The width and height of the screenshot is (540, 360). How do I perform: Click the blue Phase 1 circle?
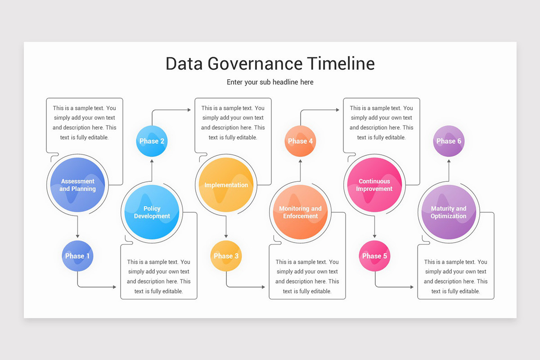coord(77,256)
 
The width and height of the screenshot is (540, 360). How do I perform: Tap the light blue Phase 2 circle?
coord(152,141)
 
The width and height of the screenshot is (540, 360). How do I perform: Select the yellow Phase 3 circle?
coord(226,256)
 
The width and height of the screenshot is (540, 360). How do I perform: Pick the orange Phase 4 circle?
coord(300,141)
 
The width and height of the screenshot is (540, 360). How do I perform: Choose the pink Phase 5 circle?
coord(374,256)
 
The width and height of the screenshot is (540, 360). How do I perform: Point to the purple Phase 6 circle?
coord(449,141)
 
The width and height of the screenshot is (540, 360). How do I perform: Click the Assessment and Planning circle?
coord(77,185)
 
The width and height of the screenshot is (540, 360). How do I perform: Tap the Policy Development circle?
coord(152,212)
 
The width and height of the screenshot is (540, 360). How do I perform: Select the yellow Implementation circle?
coord(226,185)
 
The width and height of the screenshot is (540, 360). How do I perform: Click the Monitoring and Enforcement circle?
coord(300,212)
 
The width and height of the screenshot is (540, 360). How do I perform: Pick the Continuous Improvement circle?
coord(374,185)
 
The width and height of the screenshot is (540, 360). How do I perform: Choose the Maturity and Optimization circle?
coord(449,212)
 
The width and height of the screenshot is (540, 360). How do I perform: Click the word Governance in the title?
coord(255,63)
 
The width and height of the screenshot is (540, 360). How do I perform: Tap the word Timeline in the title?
coord(341,63)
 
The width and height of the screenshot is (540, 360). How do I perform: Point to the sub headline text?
coord(270,82)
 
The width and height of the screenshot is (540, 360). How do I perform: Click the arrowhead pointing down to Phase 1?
coord(77,236)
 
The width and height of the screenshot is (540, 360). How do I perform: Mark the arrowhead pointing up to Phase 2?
coord(152,161)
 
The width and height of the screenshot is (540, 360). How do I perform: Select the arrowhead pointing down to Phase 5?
coord(374,236)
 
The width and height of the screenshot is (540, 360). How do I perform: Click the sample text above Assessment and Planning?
coord(84,123)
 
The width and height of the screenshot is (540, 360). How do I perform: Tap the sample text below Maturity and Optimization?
coord(455,276)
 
